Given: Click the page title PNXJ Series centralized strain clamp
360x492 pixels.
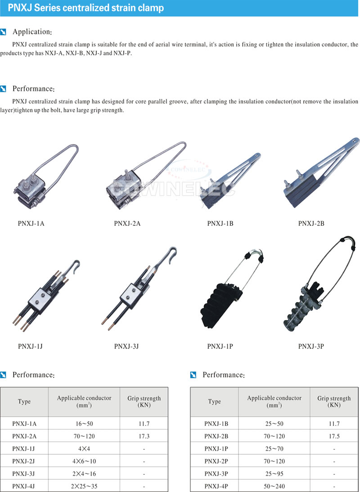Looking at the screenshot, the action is (x=85, y=8).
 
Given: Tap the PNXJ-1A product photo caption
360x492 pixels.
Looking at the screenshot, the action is (x=31, y=224).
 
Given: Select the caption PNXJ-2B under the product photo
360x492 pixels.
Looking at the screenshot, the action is (x=311, y=224).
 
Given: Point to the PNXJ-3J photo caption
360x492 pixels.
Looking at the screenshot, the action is (x=126, y=346).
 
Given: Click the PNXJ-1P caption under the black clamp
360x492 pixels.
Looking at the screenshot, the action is (x=220, y=346).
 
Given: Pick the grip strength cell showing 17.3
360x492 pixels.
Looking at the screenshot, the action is (x=144, y=436).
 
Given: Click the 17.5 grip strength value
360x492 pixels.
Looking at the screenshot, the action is (x=334, y=436).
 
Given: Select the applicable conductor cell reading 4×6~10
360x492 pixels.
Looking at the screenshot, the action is (x=84, y=461).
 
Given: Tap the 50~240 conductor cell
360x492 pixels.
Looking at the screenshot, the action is (x=274, y=486).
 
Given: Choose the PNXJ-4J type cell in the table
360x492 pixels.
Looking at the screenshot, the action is (x=24, y=486).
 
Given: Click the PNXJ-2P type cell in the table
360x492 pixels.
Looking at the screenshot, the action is (x=216, y=461).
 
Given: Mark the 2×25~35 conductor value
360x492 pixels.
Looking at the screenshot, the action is (x=84, y=486).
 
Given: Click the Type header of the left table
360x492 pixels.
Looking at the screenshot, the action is (x=24, y=402).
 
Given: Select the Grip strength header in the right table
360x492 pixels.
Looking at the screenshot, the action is (x=334, y=401).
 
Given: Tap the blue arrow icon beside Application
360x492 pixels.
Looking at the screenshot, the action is (x=4, y=32).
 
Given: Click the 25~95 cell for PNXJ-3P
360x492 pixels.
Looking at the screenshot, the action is (x=274, y=474).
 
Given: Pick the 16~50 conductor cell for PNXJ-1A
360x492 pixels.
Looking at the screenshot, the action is (x=84, y=424).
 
